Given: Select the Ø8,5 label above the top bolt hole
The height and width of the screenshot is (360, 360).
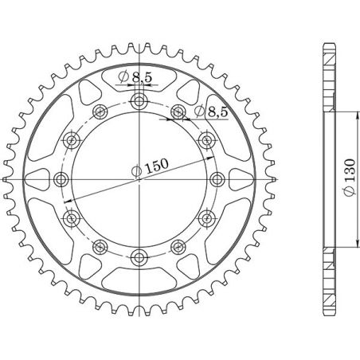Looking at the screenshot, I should click(130, 77).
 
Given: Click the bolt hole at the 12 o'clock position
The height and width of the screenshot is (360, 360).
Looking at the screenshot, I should click(140, 101).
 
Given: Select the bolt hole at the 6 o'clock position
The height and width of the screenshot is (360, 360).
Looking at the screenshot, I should click(140, 256).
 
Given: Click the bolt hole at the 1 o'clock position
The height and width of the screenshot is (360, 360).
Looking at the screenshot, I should click(178, 112).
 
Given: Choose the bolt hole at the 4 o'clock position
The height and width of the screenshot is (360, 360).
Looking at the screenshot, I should click(207, 217).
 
